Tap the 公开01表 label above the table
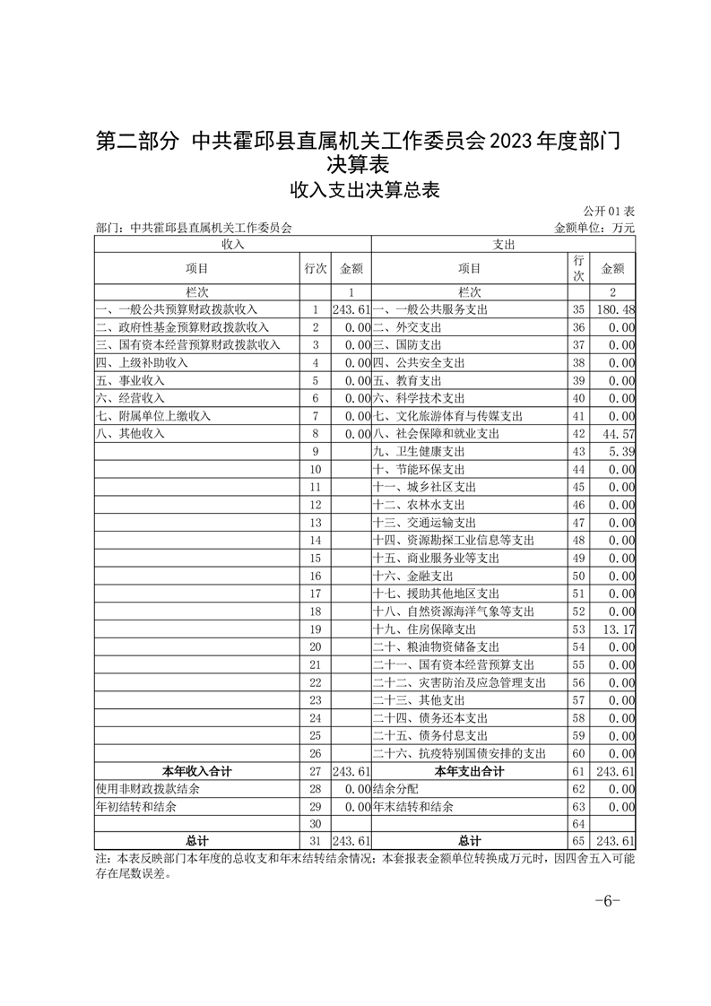609,211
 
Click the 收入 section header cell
233,244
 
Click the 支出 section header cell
503,244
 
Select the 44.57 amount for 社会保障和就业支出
618,434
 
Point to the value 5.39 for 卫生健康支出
621,451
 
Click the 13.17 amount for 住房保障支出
618,629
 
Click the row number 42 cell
578,434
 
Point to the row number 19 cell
315,629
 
